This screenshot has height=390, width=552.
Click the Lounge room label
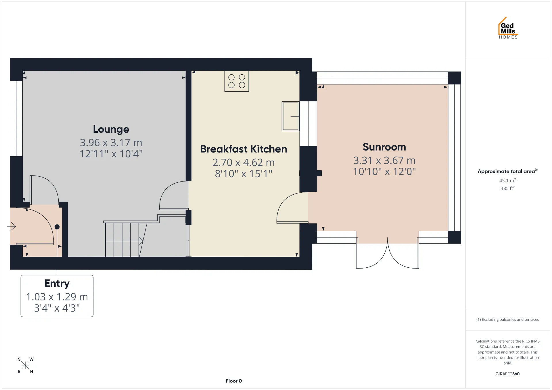point(111,130)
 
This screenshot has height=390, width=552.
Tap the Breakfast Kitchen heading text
point(244,149)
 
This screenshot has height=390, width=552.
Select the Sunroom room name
point(384,147)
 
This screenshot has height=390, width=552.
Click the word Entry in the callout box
point(57,284)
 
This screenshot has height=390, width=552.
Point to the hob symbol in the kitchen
point(237,81)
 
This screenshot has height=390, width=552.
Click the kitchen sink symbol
point(290,116)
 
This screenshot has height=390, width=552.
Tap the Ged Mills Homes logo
point(508,28)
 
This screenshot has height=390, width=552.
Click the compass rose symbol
point(25,365)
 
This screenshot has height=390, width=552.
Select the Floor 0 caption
point(234,381)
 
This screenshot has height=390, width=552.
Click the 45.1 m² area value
point(507,180)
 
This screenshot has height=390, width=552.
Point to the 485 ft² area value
point(507,188)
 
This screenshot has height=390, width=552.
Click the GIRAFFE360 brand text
point(507,374)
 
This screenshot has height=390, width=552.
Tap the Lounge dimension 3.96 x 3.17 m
point(111,143)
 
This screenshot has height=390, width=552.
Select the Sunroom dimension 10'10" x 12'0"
point(384,172)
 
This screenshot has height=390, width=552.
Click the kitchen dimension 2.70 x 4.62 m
point(244,163)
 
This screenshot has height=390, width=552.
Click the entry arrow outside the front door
point(11,226)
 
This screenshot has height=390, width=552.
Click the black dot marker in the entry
point(57,227)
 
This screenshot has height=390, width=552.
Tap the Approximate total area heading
point(507,171)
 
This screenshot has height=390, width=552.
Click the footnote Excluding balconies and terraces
point(507,320)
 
